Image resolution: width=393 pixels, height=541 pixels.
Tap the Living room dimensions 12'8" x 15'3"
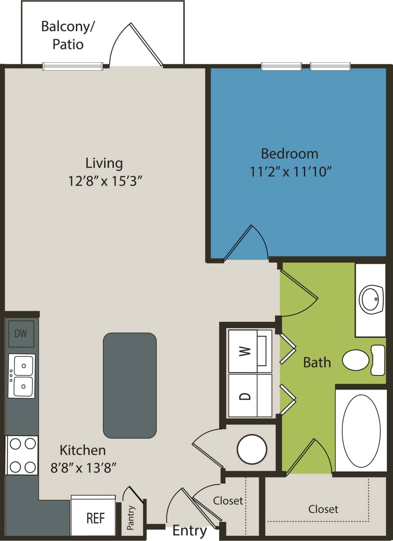point(104,181)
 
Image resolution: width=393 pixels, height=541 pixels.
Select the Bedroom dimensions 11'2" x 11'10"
point(290,172)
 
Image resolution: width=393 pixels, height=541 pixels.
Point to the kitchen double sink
point(21,376)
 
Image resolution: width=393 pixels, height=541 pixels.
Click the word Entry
point(189,531)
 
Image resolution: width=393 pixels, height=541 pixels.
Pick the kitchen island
point(130,385)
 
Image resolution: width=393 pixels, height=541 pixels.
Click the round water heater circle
point(252,449)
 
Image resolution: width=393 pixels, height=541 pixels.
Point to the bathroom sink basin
point(371,299)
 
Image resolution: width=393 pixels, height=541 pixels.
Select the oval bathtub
point(361,430)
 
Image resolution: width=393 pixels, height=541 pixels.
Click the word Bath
point(317,363)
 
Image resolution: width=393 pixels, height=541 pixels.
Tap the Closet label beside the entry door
point(228,501)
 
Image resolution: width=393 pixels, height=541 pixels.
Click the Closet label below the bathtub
point(323,509)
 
